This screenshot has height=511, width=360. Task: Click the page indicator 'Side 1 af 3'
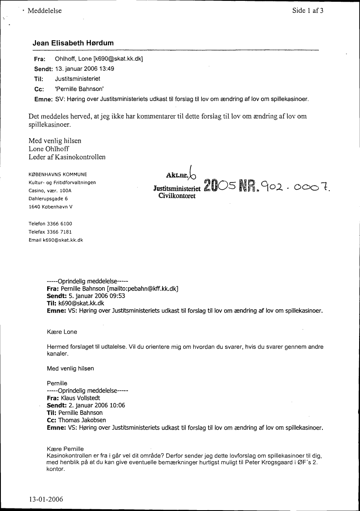pyautogui.click(x=308, y=11)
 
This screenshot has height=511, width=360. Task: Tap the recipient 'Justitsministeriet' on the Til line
pyautogui.click(x=78, y=79)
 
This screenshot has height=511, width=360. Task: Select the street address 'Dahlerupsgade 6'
pyautogui.click(x=48, y=198)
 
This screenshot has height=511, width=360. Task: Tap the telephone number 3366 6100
pyautogui.click(x=60, y=223)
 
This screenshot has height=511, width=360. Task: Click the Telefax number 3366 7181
pyautogui.click(x=60, y=232)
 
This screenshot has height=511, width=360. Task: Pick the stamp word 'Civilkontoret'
pyautogui.click(x=174, y=197)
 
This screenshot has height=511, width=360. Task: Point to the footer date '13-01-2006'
pyautogui.click(x=46, y=499)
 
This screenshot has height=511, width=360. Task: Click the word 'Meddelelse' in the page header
pyautogui.click(x=45, y=11)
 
